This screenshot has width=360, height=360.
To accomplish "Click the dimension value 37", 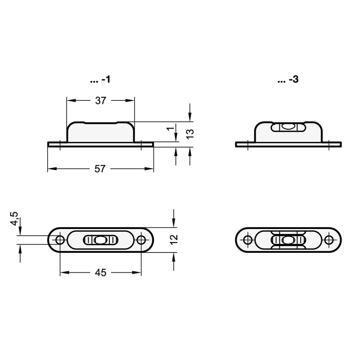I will pos(100,101).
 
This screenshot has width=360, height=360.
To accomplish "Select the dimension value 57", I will pos(100,169).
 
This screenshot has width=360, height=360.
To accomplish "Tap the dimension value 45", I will pos(100,273).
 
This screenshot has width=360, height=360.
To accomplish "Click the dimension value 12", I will pos(175,239).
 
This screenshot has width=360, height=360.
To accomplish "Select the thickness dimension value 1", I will pos(171,129).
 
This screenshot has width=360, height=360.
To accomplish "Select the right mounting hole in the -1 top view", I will pos(141,240).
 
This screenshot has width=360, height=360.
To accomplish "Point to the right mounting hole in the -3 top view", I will pos(329,240).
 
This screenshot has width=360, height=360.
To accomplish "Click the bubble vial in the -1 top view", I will pos(101,240).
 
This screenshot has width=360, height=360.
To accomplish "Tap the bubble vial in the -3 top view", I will pos(288,240).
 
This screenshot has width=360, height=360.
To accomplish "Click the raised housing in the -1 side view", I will pos(100,131).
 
